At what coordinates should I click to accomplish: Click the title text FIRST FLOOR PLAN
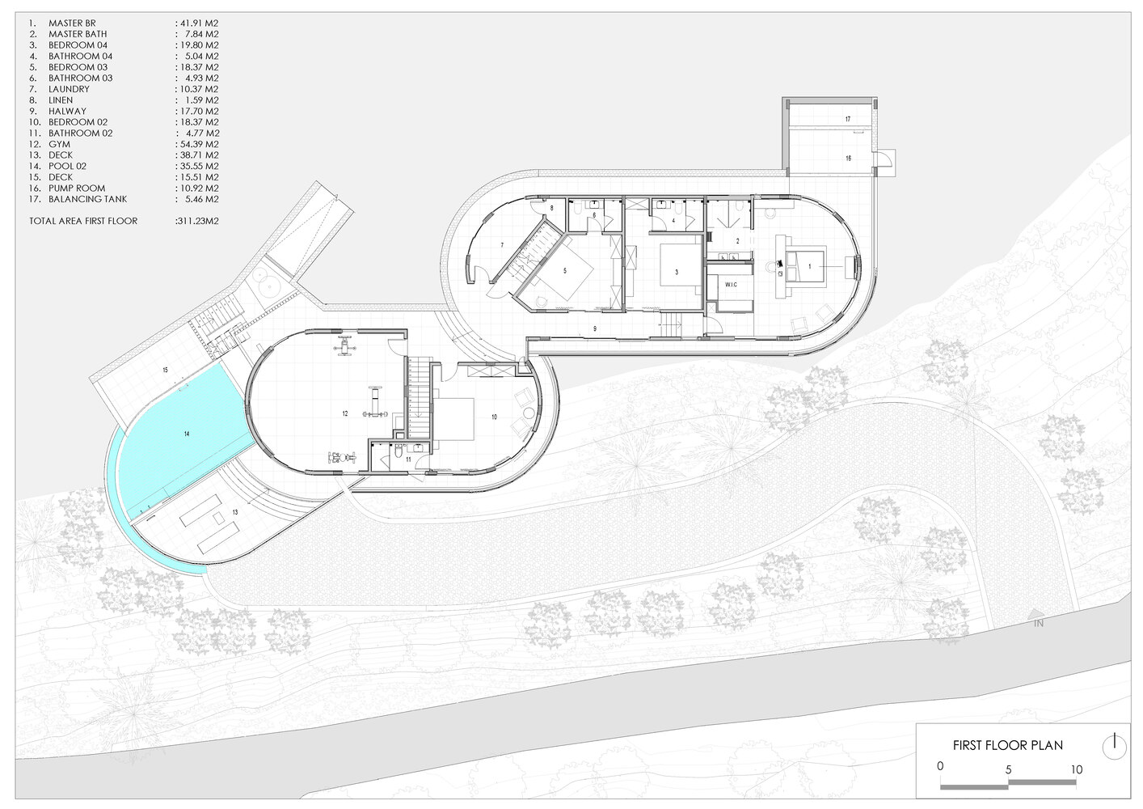point(1008,745)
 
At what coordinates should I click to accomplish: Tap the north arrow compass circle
point(1115,748)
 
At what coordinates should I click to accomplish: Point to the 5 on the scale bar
point(1008,769)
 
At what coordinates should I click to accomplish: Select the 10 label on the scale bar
point(1076,769)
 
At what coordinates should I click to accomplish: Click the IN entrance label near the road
point(1039,624)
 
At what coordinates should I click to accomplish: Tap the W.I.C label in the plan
point(731,285)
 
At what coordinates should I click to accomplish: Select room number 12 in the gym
point(345,413)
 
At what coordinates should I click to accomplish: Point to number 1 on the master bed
point(809,267)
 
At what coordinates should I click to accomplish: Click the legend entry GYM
point(59,144)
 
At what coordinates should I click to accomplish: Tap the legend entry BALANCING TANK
point(88,199)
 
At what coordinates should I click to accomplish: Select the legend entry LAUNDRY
point(69,89)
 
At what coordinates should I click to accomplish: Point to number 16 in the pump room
point(849,159)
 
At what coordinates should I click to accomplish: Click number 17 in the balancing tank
point(848,119)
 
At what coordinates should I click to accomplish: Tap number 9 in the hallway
point(595,329)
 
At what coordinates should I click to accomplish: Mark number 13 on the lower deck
point(235,512)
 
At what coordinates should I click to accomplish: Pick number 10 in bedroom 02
point(494,417)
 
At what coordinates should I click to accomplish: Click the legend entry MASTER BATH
point(78,34)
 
